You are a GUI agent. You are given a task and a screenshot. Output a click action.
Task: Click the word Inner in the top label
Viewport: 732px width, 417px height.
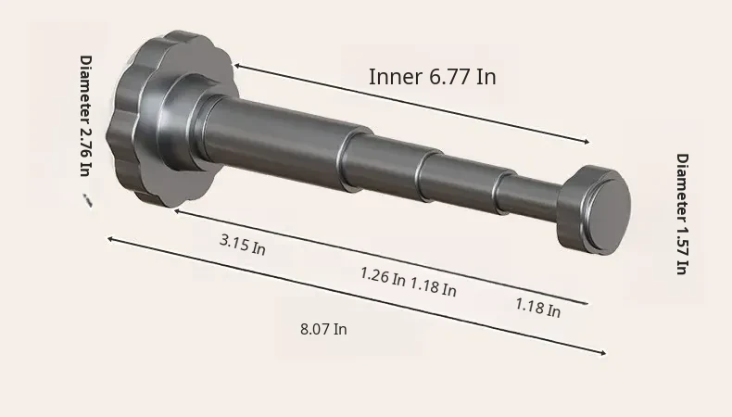click(395, 77)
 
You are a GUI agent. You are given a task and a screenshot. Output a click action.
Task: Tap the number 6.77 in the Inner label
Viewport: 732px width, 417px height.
click(449, 77)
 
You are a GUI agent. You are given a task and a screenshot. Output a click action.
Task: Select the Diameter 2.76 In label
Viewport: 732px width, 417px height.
click(86, 116)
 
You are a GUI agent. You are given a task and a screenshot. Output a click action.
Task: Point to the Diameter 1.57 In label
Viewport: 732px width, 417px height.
click(683, 214)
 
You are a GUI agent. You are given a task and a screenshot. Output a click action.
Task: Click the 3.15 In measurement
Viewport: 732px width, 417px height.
click(242, 245)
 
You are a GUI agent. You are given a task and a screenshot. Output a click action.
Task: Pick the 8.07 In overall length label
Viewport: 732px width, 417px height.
click(323, 329)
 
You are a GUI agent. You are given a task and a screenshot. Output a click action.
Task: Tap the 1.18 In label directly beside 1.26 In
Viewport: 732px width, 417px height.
click(434, 286)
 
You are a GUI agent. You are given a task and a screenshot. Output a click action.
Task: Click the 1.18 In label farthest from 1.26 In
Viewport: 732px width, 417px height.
click(537, 308)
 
